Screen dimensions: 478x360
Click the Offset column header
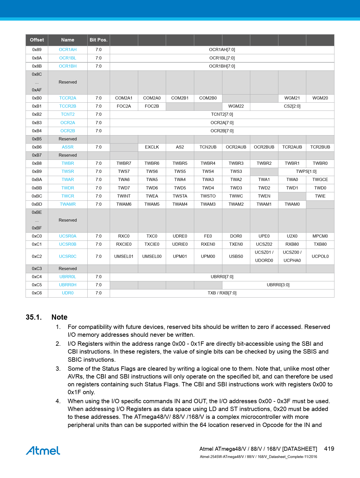point(37,40)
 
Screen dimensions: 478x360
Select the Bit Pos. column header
point(98,40)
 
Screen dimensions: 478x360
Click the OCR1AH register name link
point(68,50)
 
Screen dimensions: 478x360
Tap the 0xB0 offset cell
point(37,98)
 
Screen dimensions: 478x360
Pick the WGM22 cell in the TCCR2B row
point(236,106)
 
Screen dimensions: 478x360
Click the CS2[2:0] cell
point(292,106)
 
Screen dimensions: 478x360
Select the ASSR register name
point(68,147)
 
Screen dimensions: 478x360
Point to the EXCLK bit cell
point(152,147)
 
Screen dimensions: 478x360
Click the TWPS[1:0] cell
point(306,171)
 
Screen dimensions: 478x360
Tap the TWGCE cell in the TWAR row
point(320,180)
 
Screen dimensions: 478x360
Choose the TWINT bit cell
point(124,196)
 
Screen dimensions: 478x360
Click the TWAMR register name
point(68,204)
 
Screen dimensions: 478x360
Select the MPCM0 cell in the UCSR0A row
point(320,236)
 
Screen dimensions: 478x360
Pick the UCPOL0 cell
point(320,256)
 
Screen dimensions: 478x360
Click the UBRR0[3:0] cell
point(278,285)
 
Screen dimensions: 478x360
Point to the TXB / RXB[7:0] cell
point(222,293)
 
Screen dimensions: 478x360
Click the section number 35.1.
point(34,317)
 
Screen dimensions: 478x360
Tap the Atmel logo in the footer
point(43,450)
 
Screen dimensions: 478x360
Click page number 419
point(329,449)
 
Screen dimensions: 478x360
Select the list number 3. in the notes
point(58,369)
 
